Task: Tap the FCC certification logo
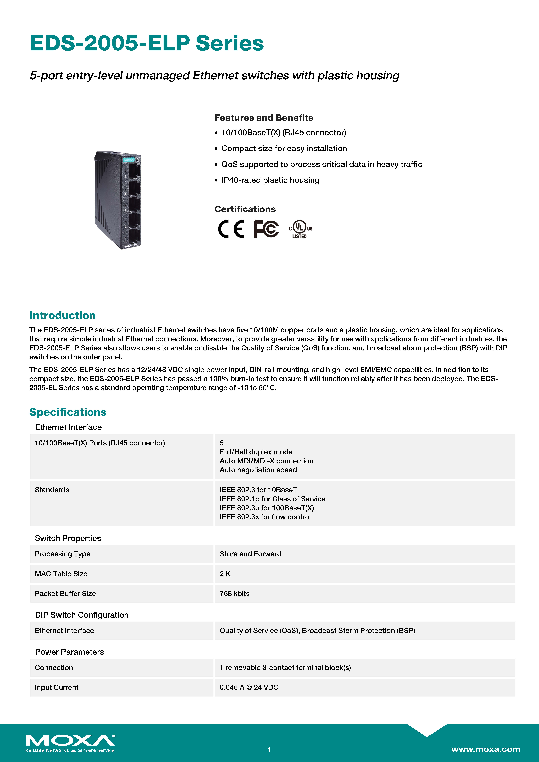pos(266,229)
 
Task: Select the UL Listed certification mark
pos(300,229)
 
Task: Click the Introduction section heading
pos(62,315)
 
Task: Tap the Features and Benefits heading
pos(263,118)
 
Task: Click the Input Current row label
pos(56,687)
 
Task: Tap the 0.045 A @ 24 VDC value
pos(249,687)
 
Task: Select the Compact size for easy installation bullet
pos(284,148)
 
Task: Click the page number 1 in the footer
pos(269,749)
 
